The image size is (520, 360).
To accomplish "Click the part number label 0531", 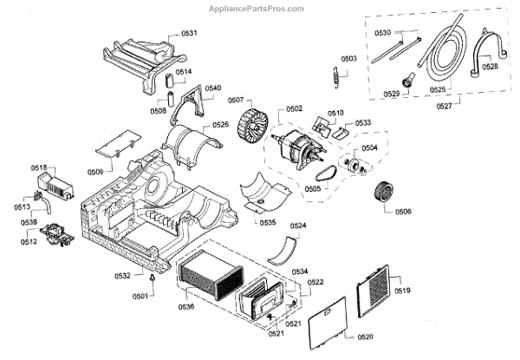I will pos(189,33).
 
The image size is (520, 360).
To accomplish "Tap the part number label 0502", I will pos(294,108).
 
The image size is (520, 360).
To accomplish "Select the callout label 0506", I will pos(403,212).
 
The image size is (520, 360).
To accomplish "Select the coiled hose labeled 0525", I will pos(442,56).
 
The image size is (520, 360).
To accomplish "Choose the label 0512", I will pos(29,242).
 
